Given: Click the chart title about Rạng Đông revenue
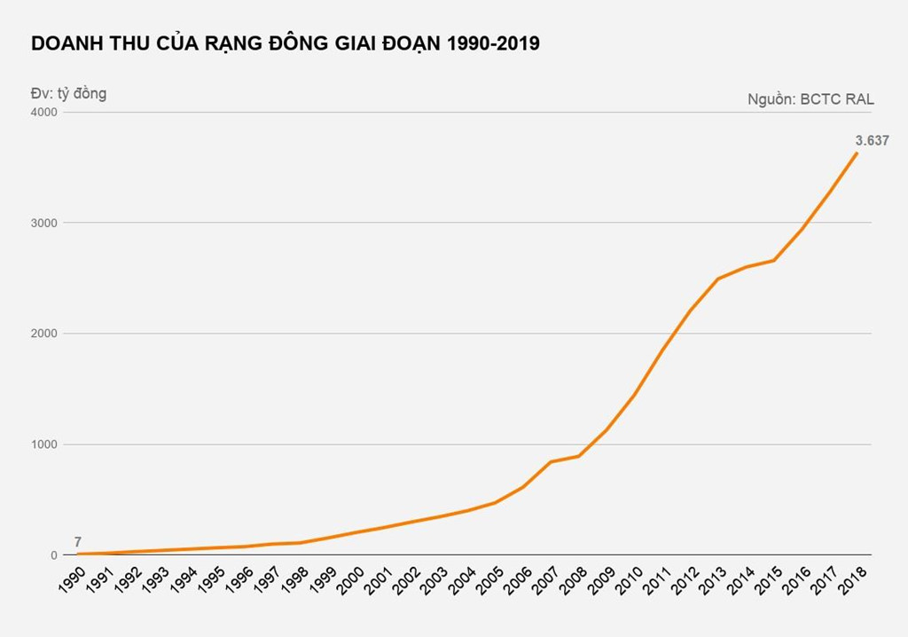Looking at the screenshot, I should coord(285,43).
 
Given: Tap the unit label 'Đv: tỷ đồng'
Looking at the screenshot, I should coord(69,93).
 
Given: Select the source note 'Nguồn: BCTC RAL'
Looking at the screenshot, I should coord(810,99).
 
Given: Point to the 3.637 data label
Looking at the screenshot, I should coord(872,140).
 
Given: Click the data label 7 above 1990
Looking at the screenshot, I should coord(78,541).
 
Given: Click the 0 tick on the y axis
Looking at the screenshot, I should coord(52,555).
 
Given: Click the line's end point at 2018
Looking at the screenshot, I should coord(857,153).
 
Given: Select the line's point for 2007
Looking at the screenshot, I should coord(552,461).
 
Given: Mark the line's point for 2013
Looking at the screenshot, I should coord(717,279).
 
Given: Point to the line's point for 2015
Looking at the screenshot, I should coord(773,260).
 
